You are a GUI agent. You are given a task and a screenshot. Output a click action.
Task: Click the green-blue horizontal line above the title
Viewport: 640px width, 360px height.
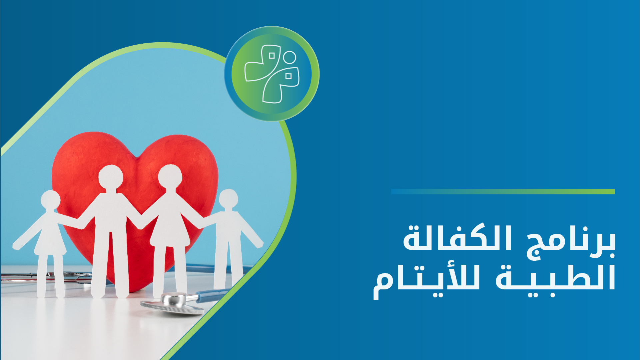[503, 191]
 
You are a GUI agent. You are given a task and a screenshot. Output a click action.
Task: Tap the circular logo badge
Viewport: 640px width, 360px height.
[272, 74]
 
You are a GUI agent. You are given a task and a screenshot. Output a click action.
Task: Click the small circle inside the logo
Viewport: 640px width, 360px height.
[290, 57]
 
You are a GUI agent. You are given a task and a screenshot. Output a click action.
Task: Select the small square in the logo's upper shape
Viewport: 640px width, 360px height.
[272, 56]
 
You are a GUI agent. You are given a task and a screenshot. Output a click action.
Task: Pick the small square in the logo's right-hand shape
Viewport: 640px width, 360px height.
[289, 76]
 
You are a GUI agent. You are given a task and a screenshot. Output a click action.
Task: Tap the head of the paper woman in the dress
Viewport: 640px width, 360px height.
[170, 176]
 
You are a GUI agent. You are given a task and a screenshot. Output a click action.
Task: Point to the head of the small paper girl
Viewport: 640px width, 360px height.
[51, 199]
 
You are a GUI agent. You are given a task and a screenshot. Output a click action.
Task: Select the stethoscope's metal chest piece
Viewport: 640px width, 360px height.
[172, 303]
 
